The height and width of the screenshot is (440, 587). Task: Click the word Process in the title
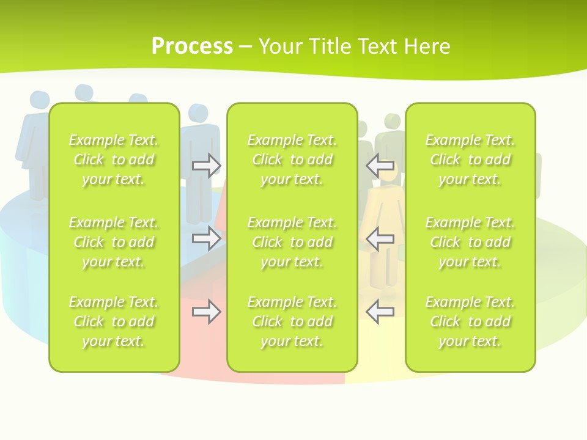pyautogui.click(x=192, y=46)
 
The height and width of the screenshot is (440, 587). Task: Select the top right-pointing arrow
pyautogui.click(x=207, y=166)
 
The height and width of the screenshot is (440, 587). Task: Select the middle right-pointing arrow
pyautogui.click(x=207, y=238)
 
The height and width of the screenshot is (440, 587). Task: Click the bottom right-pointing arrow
pyautogui.click(x=207, y=312)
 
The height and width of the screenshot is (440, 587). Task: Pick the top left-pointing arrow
pyautogui.click(x=380, y=166)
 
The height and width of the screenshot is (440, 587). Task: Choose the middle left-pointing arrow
pyautogui.click(x=380, y=238)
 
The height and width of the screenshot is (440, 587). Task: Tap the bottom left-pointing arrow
pyautogui.click(x=380, y=312)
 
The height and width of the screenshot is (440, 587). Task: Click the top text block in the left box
pyautogui.click(x=114, y=159)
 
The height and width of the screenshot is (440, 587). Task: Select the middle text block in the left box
pyautogui.click(x=114, y=242)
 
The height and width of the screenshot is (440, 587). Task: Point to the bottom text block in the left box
pyautogui.click(x=114, y=321)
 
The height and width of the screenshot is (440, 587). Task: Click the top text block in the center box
pyautogui.click(x=292, y=159)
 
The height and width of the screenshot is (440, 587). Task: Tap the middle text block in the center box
pyautogui.click(x=292, y=242)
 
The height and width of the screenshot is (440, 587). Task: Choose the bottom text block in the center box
pyautogui.click(x=292, y=321)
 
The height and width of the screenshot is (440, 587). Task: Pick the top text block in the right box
pyautogui.click(x=470, y=159)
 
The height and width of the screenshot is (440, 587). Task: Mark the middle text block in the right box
pyautogui.click(x=470, y=242)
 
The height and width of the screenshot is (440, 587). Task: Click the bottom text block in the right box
pyautogui.click(x=470, y=321)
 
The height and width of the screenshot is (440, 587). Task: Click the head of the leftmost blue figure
pyautogui.click(x=39, y=100)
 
